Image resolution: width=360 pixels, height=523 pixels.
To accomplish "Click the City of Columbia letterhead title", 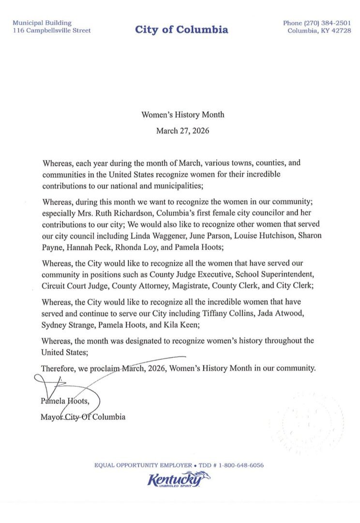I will [x=181, y=30].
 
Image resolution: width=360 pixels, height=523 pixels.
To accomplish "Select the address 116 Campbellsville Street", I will [x=52, y=31].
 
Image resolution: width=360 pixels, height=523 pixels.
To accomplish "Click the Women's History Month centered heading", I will [x=182, y=115].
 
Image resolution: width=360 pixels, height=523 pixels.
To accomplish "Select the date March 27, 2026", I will [x=182, y=131].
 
